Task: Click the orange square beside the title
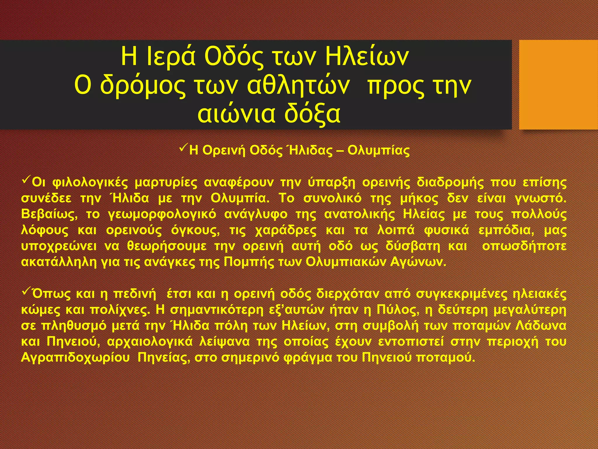tap(558, 84)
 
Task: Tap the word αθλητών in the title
tap(298, 85)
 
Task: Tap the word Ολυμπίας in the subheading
tap(379, 150)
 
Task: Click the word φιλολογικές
tap(90, 183)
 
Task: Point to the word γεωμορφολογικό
tap(162, 214)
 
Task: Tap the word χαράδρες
tap(286, 230)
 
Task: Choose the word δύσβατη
tap(412, 246)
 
